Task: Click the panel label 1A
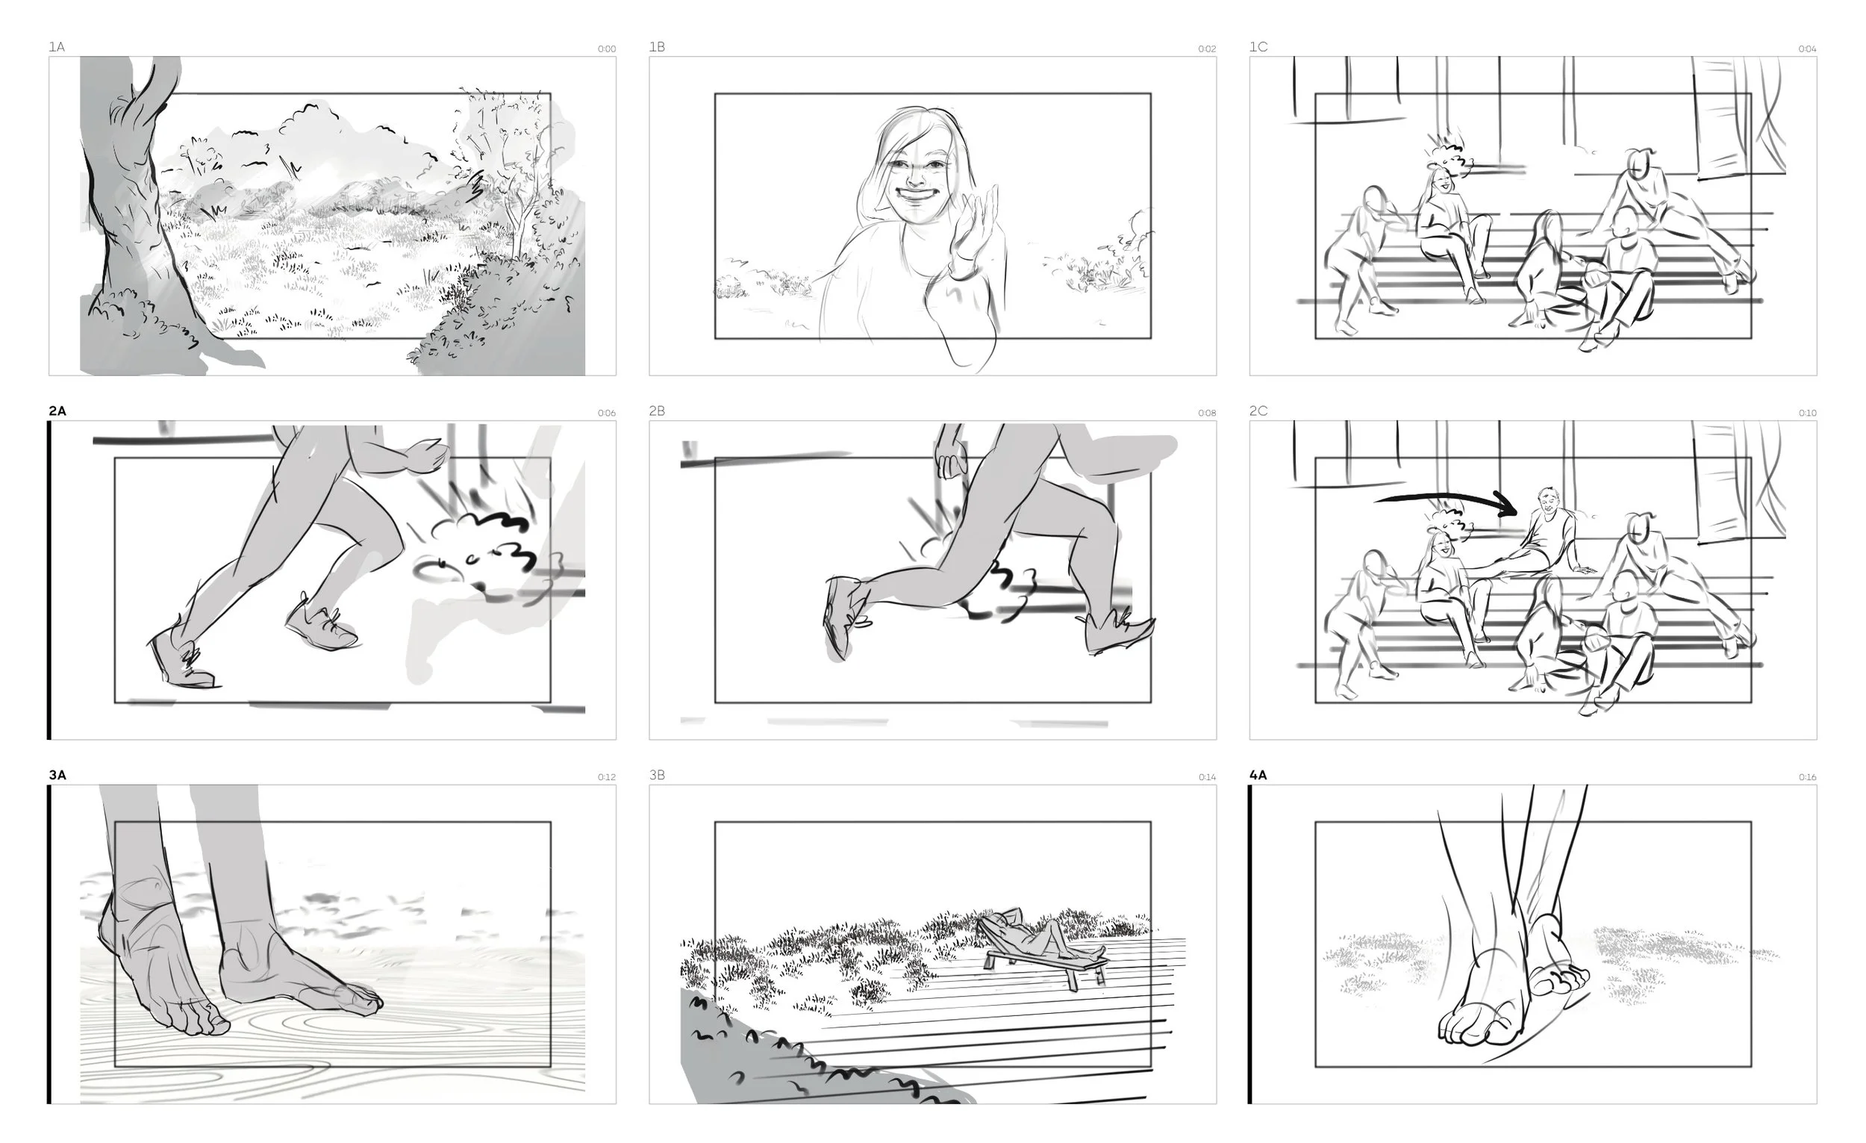point(57,47)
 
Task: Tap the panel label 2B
point(657,411)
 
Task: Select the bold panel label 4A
point(1258,775)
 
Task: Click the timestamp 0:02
point(1207,49)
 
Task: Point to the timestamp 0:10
point(1807,414)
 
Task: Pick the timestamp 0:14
point(1207,777)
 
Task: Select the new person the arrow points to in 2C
point(1545,530)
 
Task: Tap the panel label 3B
point(657,775)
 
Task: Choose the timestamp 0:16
point(1807,777)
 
